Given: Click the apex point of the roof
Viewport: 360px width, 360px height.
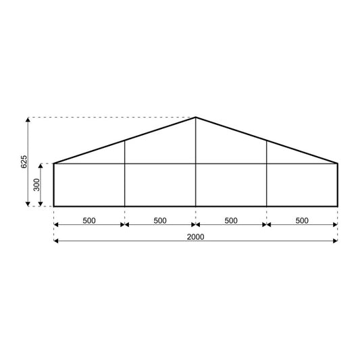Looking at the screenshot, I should point(196,118).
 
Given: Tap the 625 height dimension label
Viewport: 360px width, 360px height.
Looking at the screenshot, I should point(23,162).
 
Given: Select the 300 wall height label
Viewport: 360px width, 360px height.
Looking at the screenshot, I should point(38,184).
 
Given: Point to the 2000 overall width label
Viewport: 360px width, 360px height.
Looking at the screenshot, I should point(196,236).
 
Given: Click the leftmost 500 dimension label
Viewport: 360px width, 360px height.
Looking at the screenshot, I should point(89,220).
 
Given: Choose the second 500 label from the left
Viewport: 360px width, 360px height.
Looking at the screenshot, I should point(160,220).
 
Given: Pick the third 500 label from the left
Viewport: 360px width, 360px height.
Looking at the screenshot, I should point(231,220).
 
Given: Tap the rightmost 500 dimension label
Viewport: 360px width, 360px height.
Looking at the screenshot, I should point(302,220).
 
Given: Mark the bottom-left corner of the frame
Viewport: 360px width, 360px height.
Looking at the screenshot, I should point(54,206).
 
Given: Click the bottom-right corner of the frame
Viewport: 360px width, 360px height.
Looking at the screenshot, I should point(338,206).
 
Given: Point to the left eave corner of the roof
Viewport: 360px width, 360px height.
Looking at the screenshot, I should point(54,163).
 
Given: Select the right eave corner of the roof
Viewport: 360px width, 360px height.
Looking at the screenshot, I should point(338,163).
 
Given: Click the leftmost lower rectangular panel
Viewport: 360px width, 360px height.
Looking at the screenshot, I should point(89,184).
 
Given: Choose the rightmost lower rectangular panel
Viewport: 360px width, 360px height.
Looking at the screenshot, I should point(302,184).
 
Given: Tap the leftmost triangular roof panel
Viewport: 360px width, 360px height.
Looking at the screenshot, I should point(101,156).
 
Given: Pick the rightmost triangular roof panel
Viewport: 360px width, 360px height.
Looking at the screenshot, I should point(290,156).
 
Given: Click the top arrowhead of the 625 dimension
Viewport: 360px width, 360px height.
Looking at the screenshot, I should point(28,120).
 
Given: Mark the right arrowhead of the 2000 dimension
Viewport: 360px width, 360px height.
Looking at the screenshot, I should point(335,241).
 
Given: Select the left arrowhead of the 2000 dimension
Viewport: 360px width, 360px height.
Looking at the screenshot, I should point(57,241).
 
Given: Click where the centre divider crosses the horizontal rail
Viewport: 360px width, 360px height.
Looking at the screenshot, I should point(196,163).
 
